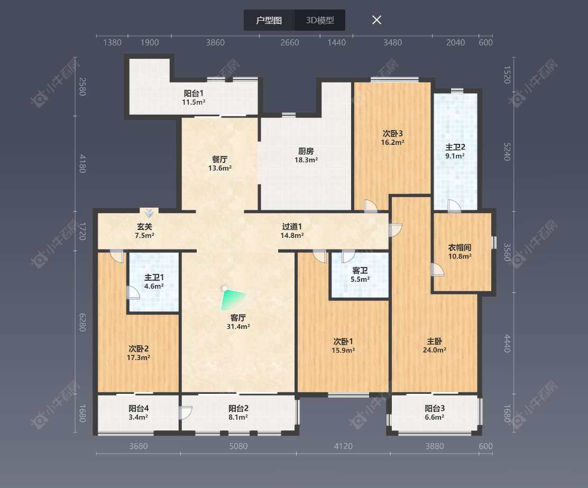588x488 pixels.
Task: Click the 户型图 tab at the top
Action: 269,21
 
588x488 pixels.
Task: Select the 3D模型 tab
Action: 320,21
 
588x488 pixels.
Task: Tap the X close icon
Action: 376,20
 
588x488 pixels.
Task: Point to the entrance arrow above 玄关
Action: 150,213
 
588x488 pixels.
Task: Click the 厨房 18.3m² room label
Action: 306,154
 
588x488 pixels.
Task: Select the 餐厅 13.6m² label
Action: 219,163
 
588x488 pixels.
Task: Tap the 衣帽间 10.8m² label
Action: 460,251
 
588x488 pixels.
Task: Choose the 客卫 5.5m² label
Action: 360,274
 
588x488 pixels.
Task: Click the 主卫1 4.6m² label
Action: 154,281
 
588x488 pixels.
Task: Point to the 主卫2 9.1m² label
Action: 455,151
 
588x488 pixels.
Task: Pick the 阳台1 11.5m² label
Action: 194,97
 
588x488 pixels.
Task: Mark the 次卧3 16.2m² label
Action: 393,137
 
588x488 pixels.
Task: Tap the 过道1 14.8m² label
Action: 292,231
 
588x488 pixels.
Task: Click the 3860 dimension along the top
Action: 215,43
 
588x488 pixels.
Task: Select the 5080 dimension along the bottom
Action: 238,446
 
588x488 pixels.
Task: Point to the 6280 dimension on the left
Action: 82,322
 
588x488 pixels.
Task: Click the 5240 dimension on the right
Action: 507,151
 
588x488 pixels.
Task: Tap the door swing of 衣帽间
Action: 437,270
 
